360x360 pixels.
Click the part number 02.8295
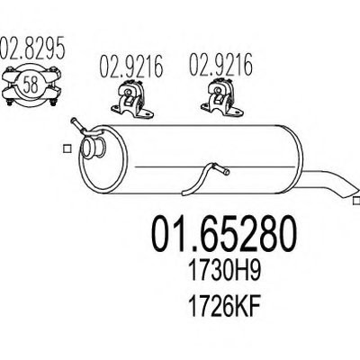pyautogui.click(x=32, y=48)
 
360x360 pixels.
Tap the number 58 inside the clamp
pyautogui.click(x=31, y=85)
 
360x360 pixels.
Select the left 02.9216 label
pyautogui.click(x=131, y=66)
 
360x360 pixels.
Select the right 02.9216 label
pyautogui.click(x=220, y=65)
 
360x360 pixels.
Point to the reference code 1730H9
pyautogui.click(x=224, y=271)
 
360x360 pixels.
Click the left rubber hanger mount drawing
pyautogui.click(x=131, y=100)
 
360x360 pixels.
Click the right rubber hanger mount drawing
pyautogui.click(x=222, y=98)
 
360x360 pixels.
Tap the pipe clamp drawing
pyautogui.click(x=31, y=85)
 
